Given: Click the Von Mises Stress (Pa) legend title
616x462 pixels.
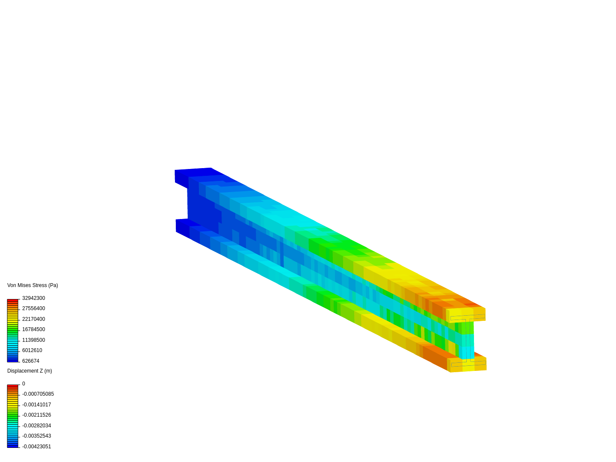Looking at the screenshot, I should click(x=33, y=285).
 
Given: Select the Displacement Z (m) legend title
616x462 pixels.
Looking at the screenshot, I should click(x=30, y=371).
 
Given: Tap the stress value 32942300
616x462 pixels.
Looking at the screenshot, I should click(x=33, y=298).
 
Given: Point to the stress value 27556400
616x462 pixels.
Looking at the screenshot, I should click(x=33, y=308).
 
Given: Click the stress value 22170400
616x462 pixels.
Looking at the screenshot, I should click(x=33, y=319).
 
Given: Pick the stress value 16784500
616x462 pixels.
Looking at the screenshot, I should click(x=33, y=329).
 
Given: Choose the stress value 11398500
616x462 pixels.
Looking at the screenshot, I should click(x=33, y=340).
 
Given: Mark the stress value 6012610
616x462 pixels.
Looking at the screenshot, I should click(x=32, y=350).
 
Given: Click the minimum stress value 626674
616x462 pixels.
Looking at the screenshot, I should click(x=31, y=361).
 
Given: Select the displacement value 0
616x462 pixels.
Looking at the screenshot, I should click(x=24, y=384).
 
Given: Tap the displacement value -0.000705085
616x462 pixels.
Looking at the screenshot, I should click(x=38, y=394).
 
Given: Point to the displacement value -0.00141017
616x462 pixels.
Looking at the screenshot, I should click(x=36, y=405).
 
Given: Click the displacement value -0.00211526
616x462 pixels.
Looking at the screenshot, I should click(x=36, y=415).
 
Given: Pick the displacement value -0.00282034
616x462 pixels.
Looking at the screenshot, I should click(x=36, y=426).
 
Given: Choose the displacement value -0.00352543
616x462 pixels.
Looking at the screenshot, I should click(x=36, y=436).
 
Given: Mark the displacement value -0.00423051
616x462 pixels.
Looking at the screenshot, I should click(x=36, y=447).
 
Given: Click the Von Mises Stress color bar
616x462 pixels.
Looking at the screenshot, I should click(x=12, y=330).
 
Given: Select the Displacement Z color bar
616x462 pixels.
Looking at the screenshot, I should click(x=12, y=416).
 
